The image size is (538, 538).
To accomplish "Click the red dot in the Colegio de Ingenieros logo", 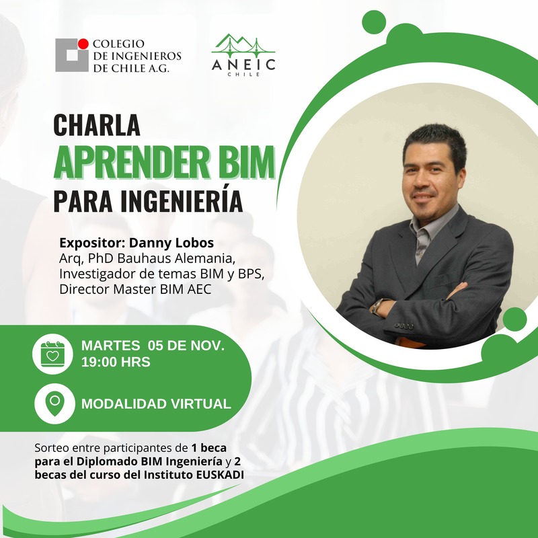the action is (83, 44).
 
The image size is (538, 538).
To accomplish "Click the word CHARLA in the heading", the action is (97, 125).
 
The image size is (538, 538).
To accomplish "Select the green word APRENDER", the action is (130, 162).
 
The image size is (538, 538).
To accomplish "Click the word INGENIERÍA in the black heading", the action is (182, 200).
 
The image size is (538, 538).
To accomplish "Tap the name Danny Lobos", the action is (171, 243).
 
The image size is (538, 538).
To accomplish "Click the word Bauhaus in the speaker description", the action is (143, 258).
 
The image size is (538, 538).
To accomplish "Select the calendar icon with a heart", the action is (52, 354).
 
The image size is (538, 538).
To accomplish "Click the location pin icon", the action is (54, 404).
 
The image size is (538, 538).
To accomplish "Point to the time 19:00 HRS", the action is (116, 362).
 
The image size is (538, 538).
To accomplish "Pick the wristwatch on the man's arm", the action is (378, 306).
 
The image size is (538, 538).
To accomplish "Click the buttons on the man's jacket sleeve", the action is (403, 326).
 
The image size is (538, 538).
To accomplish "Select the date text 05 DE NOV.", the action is (186, 346).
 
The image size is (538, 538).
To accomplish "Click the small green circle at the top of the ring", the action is (374, 22).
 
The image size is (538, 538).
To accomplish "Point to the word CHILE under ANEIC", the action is (243, 74).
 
